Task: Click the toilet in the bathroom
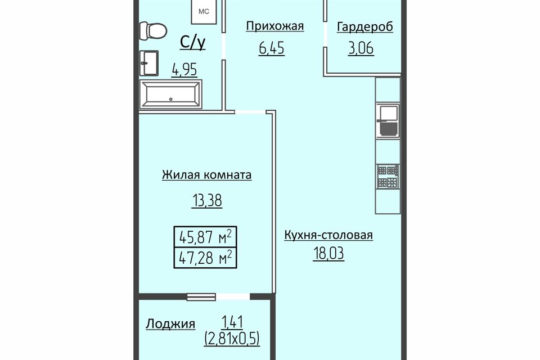click(153, 31)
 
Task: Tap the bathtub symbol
click(170, 94)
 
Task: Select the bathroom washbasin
click(148, 63)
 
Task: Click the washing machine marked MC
click(204, 11)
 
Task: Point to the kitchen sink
click(388, 119)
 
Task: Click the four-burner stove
click(388, 177)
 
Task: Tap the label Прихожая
click(275, 26)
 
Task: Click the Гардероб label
click(364, 27)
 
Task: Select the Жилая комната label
click(206, 175)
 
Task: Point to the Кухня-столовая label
click(328, 235)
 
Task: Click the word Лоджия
click(170, 324)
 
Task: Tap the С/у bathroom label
click(193, 42)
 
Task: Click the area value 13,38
click(206, 200)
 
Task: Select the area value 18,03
click(328, 254)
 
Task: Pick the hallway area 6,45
click(272, 48)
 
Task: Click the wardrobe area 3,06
click(361, 48)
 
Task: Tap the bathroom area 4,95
click(184, 70)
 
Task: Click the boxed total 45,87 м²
click(205, 237)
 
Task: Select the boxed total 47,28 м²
click(205, 257)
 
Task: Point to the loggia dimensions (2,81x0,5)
click(232, 338)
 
